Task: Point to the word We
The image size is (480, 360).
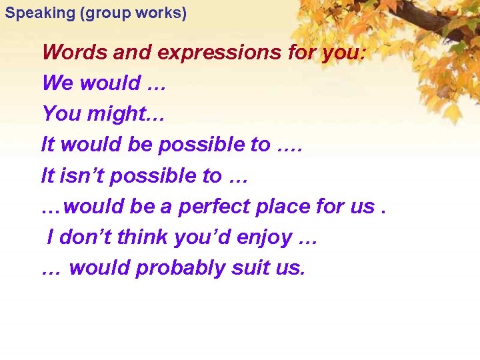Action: pyautogui.click(x=57, y=83)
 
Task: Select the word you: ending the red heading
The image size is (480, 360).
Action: pyautogui.click(x=343, y=52)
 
